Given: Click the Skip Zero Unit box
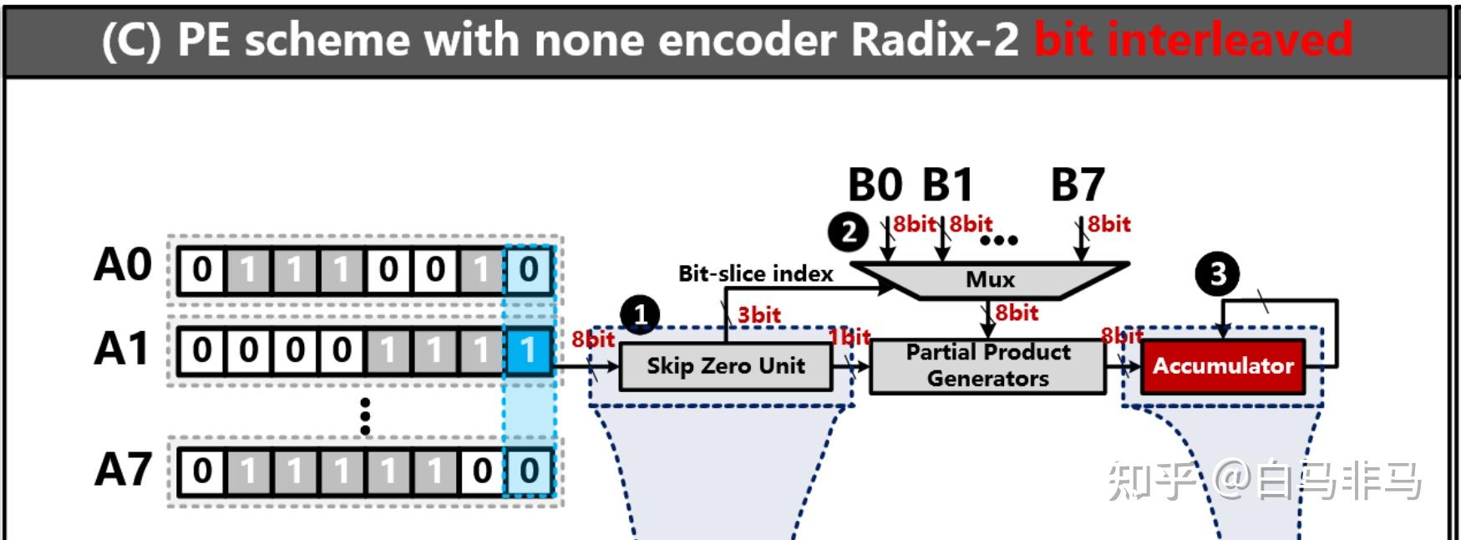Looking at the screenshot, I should [725, 366].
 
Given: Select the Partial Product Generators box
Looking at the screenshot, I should [987, 365].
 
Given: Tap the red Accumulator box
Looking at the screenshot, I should [1223, 366].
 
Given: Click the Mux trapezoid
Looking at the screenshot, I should [990, 279].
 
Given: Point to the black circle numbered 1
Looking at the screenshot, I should [640, 316].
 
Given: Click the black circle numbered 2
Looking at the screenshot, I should [848, 232].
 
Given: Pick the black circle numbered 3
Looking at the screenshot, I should [1217, 273].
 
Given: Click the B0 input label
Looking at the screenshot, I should [875, 185].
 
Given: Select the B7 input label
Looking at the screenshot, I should [1078, 185].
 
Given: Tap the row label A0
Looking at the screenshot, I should [123, 266].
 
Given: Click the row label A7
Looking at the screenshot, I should [123, 470].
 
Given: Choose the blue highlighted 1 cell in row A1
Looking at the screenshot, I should [528, 350].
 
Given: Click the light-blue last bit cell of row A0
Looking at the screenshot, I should [528, 270].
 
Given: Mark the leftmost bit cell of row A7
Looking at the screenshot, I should [202, 471].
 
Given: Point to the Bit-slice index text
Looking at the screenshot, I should [755, 273].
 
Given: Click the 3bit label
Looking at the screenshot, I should [759, 315].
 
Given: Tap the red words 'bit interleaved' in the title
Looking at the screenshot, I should [1193, 40].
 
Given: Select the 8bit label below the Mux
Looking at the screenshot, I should [1017, 313].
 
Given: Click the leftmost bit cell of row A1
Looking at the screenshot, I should [202, 350].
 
